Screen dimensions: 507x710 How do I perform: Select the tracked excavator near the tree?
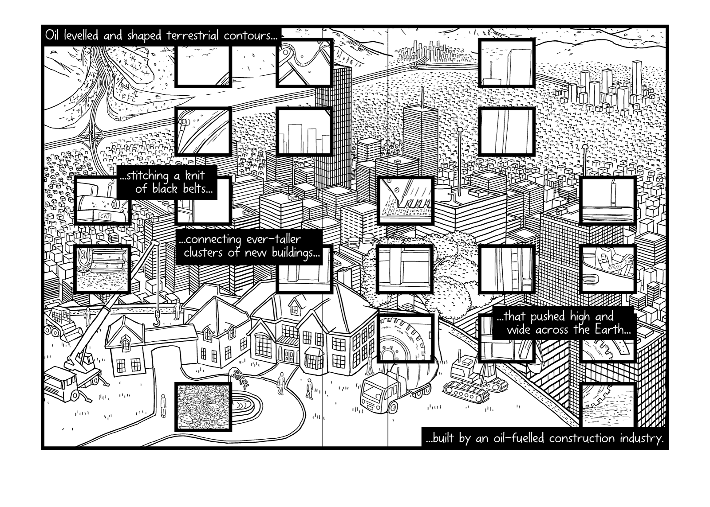(x=470, y=377)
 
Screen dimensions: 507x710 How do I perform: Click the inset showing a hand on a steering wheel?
(x=608, y=269)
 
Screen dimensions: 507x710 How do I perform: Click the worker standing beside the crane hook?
(x=177, y=309)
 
